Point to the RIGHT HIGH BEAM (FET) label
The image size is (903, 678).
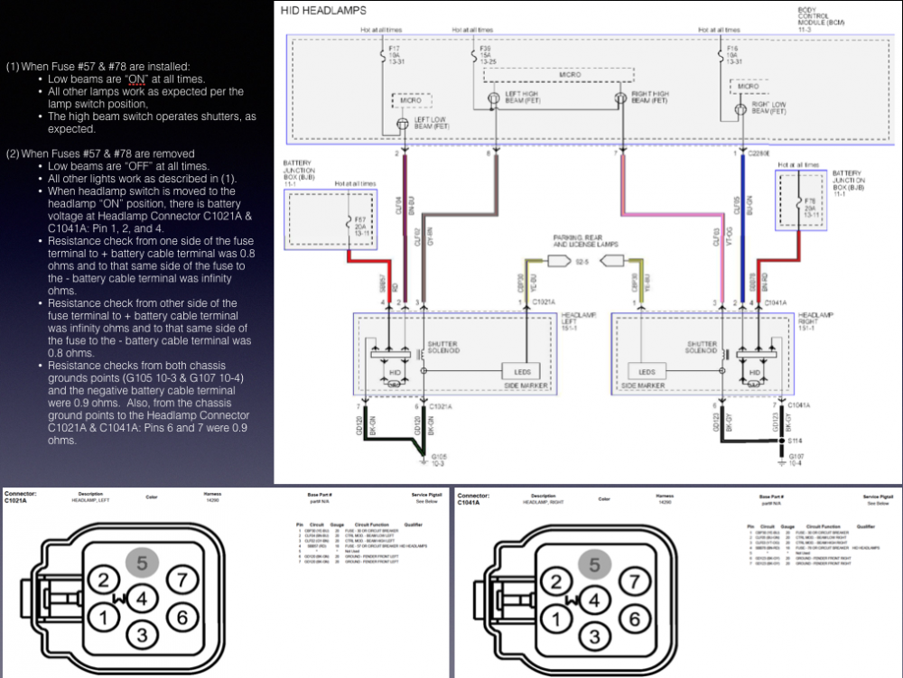[x=651, y=97]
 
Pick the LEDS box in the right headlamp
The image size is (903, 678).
[x=647, y=371]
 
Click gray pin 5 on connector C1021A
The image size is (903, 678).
[x=142, y=563]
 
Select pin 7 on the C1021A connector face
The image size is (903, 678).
[x=182, y=580]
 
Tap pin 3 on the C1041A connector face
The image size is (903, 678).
[x=594, y=636]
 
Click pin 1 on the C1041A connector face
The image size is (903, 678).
[x=558, y=618]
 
